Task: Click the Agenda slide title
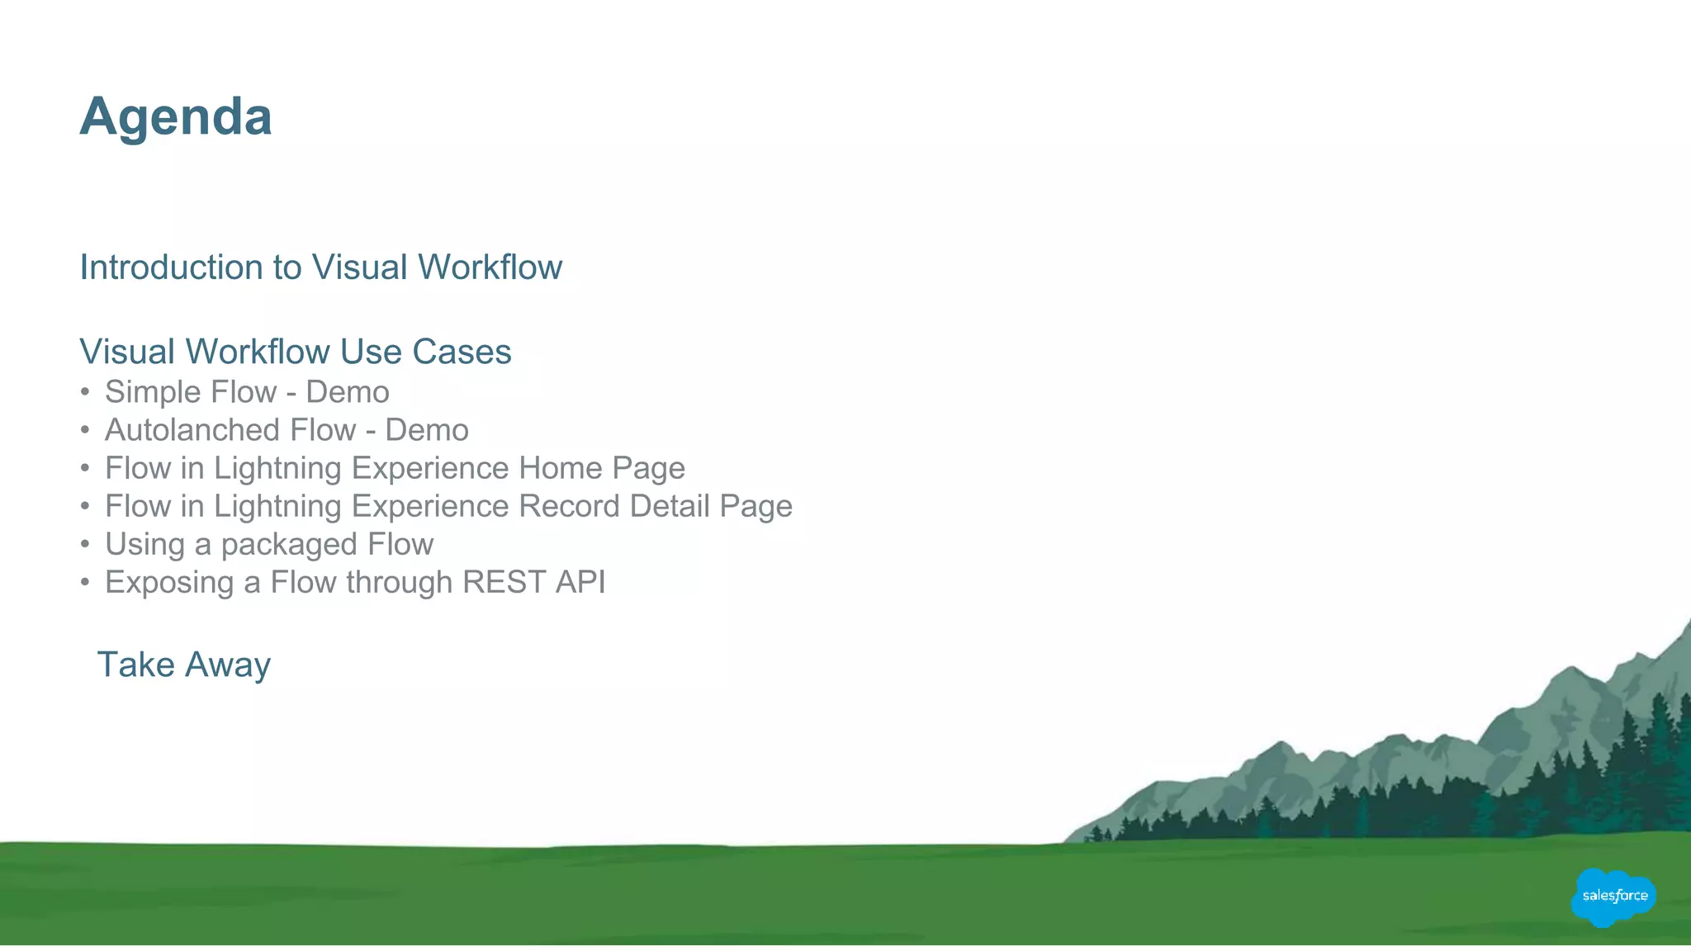[x=176, y=116]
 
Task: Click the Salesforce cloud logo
[x=1613, y=897]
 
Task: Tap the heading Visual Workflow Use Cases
[x=296, y=352]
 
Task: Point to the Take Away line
[x=183, y=665]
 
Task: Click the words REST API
[x=533, y=582]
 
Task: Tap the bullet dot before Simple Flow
[x=85, y=392]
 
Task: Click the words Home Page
[x=602, y=468]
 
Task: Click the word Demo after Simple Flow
[x=348, y=392]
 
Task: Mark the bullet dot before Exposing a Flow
[x=85, y=582]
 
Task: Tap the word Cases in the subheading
[x=462, y=352]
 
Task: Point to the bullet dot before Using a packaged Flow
[x=85, y=544]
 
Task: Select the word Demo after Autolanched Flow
[x=427, y=430]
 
